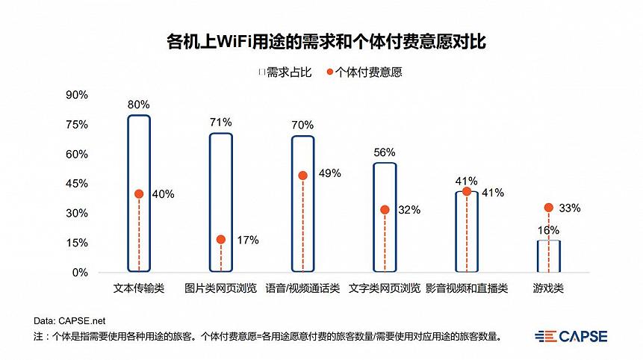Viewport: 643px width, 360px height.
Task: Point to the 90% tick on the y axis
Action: tap(77, 95)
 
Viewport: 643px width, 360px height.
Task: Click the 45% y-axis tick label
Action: tap(77, 184)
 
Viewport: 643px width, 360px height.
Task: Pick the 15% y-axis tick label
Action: tap(77, 243)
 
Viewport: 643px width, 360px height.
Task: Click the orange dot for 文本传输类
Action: tap(139, 194)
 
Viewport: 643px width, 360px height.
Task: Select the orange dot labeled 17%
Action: tap(221, 240)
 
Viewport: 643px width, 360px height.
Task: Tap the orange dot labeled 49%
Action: tap(302, 176)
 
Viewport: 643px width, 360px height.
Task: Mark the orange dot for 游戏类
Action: tap(549, 208)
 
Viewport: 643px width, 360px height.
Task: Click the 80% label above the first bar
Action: tap(139, 105)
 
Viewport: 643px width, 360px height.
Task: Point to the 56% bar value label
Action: tap(385, 152)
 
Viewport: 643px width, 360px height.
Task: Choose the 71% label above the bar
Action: tap(221, 122)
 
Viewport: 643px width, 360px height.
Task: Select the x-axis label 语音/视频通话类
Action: tap(302, 288)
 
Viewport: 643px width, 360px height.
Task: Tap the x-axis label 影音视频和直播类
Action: tap(467, 288)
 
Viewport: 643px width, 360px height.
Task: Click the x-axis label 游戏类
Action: tap(548, 288)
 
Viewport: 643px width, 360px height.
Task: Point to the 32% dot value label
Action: tap(409, 210)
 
